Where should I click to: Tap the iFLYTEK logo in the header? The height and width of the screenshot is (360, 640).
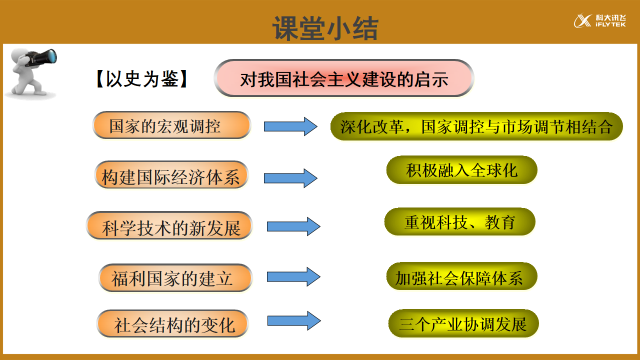[599, 22]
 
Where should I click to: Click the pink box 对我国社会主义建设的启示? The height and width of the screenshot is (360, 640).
[343, 78]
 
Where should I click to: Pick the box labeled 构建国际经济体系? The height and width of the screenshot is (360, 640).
[171, 177]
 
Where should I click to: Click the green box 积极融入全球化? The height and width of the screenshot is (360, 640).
[461, 171]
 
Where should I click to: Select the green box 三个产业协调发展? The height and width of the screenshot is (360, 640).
[462, 324]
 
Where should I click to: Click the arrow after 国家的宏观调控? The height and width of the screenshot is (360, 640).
[291, 127]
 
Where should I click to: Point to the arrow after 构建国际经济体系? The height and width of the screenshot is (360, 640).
[290, 178]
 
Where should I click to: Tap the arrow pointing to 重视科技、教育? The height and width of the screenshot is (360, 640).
[293, 226]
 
